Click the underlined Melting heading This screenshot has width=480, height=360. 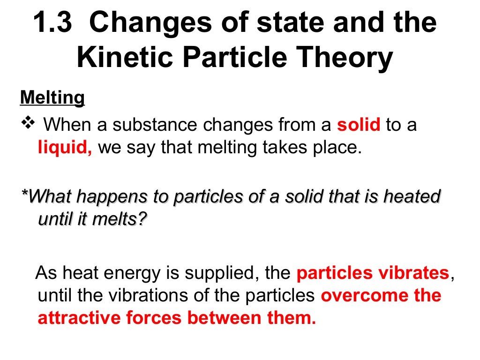[52, 98]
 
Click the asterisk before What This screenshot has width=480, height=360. [24, 194]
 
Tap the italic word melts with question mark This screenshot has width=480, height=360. [122, 219]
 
